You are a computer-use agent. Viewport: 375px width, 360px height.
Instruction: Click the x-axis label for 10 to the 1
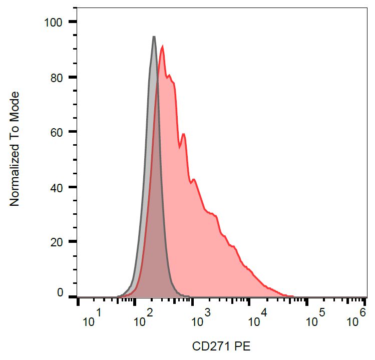pos(92,319)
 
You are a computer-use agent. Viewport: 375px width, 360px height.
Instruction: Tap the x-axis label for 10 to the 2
pos(143,319)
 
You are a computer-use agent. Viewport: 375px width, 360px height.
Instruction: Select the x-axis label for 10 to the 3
pos(200,319)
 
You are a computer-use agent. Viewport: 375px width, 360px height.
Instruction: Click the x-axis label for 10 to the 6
pos(356,319)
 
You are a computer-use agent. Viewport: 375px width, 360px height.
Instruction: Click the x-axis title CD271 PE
pos(221,346)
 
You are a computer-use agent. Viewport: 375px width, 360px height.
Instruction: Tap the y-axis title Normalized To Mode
pos(15,149)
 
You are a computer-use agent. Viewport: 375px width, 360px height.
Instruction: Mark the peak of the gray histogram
pos(154,37)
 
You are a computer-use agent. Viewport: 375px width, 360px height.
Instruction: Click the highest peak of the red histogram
pos(163,47)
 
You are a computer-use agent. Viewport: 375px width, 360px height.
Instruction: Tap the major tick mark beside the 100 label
pos(73,22)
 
